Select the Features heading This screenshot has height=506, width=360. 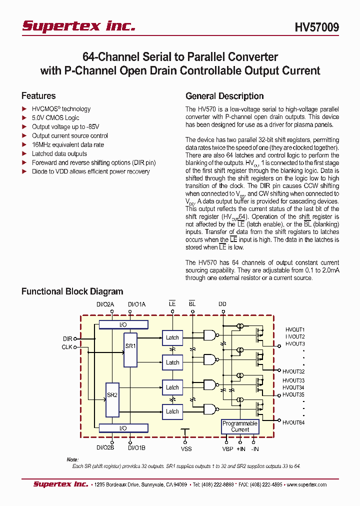38,96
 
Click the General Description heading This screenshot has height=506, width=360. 224,96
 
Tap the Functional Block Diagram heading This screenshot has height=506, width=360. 72,291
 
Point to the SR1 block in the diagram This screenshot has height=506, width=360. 130,349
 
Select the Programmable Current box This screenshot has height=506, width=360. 240,426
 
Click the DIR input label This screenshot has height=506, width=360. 67,338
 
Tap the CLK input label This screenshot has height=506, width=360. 67,346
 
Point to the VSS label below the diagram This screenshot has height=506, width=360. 186,448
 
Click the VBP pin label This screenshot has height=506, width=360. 228,448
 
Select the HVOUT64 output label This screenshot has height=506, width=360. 294,422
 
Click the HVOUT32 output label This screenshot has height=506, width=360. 294,371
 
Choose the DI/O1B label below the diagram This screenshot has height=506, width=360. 136,448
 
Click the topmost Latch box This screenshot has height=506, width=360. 172,337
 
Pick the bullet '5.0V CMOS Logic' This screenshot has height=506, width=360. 55,117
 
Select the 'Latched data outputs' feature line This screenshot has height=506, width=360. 59,153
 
